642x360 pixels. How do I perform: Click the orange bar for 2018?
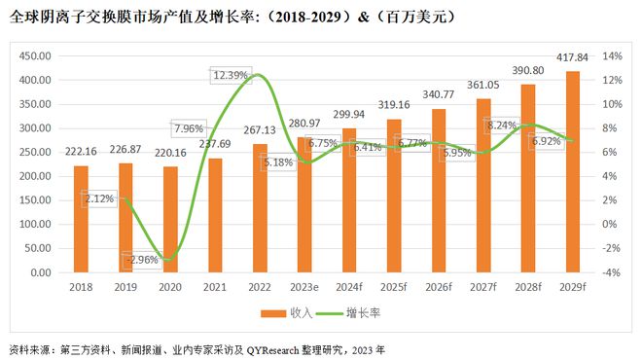[x=82, y=219]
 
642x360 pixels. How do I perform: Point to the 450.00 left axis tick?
[x=38, y=56]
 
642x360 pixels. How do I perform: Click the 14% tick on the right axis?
[x=610, y=56]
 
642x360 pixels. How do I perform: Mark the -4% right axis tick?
[x=610, y=272]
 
